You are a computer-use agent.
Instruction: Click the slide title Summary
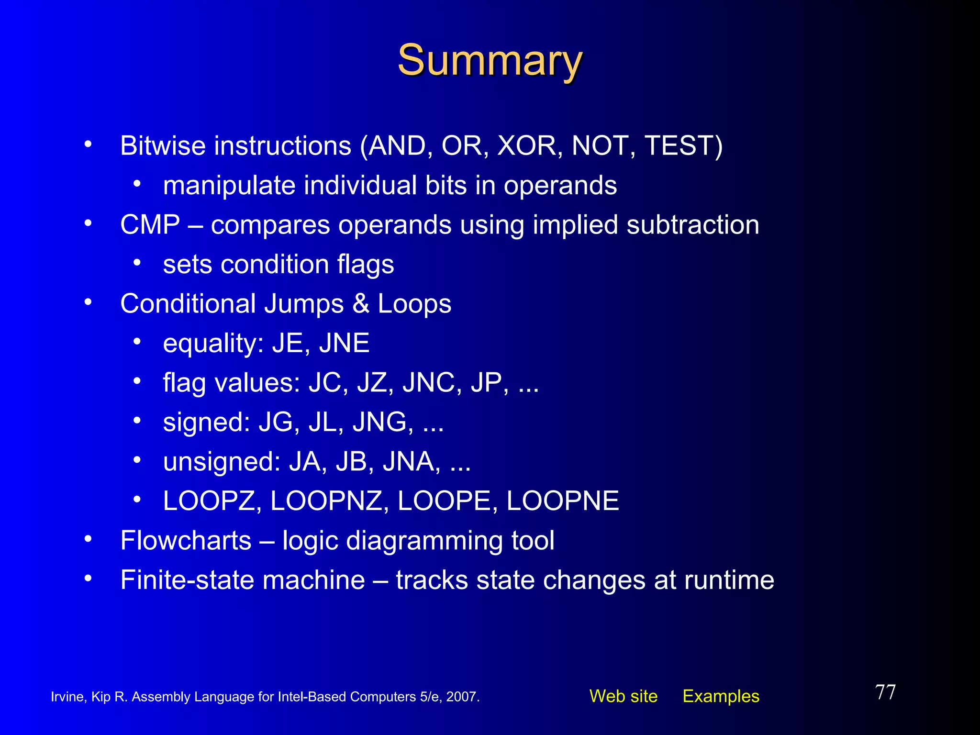[x=490, y=61]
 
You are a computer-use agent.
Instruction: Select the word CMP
[x=150, y=225]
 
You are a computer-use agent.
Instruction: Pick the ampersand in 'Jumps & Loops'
[x=361, y=304]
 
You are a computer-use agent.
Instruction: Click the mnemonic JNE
[x=344, y=344]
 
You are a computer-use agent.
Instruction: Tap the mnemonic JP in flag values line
[x=486, y=383]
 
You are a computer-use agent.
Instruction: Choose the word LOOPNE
[x=562, y=501]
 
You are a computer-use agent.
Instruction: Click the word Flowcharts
[x=186, y=541]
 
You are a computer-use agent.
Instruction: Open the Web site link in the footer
[x=623, y=696]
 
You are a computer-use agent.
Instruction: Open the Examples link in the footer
[x=721, y=696]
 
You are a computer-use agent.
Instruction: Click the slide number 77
[x=885, y=692]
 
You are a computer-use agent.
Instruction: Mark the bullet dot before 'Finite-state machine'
[x=88, y=579]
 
